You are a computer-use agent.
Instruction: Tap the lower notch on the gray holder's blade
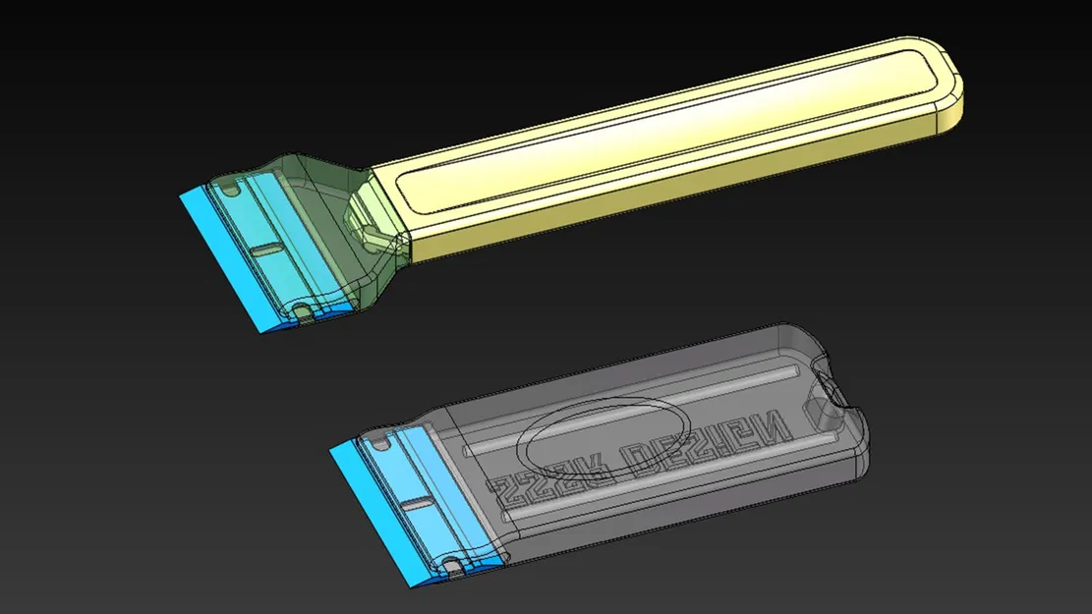[453, 565]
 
